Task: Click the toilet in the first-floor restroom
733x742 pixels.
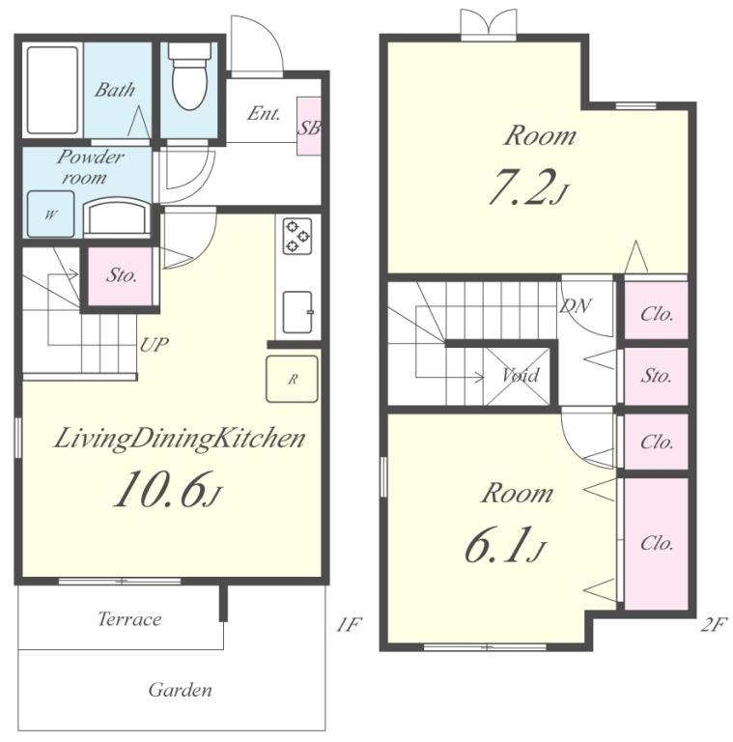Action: tap(189, 75)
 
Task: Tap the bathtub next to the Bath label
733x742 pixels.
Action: tap(52, 90)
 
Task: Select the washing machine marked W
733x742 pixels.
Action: tap(50, 214)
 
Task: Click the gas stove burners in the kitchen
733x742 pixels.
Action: tap(297, 235)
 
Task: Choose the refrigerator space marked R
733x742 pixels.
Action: tap(292, 379)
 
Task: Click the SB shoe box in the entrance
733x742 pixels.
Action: tap(309, 127)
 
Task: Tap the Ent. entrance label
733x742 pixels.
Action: tap(264, 113)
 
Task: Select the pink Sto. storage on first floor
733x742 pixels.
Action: tap(120, 276)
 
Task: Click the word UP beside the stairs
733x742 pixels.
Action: tap(155, 345)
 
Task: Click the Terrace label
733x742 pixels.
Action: tap(129, 619)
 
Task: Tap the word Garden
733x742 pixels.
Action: tap(181, 690)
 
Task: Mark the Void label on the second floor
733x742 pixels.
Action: tap(521, 375)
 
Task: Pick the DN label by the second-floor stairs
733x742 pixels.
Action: tap(575, 306)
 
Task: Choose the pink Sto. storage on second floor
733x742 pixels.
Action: tap(657, 376)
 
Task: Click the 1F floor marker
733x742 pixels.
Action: tap(349, 625)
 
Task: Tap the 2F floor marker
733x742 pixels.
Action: tap(712, 625)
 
